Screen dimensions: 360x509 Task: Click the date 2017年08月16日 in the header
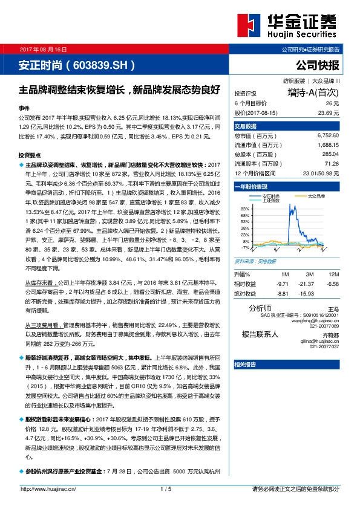[x=43, y=48]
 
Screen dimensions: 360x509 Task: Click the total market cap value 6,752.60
[x=327, y=136]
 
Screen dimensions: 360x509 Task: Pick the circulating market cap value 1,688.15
[x=327, y=145]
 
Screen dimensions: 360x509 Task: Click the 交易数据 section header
[x=246, y=126]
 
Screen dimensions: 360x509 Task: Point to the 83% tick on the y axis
[x=244, y=209]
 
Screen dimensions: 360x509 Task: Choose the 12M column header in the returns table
[x=332, y=274]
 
